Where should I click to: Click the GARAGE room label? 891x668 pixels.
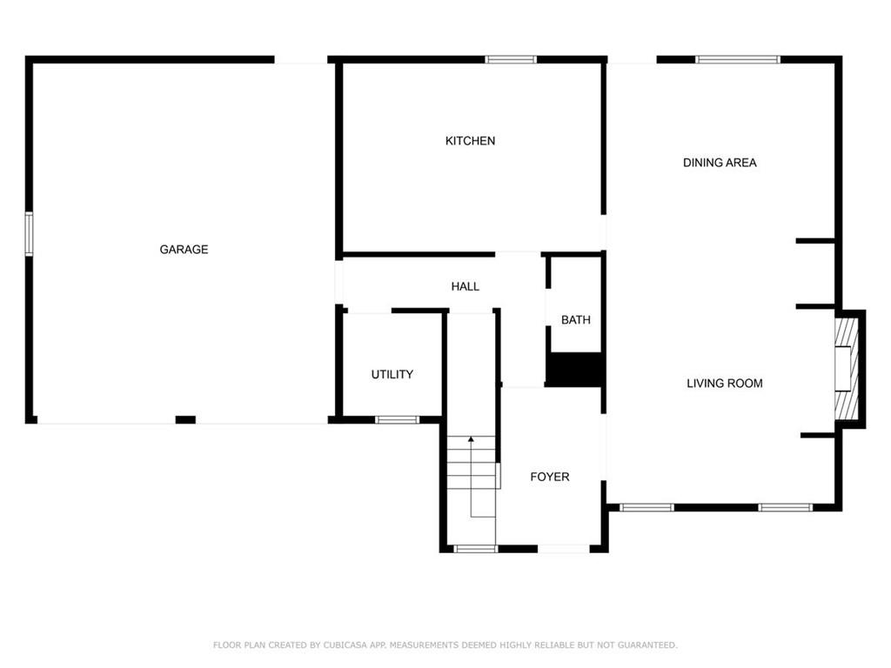pos(184,250)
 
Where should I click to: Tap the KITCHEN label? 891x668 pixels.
pos(470,141)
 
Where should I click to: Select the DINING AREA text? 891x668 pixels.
pos(720,163)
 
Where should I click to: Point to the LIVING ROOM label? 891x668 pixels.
pos(725,384)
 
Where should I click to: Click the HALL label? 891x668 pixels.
pos(465,287)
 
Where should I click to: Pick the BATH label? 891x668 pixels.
pos(576,320)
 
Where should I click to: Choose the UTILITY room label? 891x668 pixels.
pos(392,374)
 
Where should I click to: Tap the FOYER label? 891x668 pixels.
pos(550,477)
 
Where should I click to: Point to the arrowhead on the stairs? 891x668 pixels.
pos(471,439)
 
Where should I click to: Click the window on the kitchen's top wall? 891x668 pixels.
pos(511,59)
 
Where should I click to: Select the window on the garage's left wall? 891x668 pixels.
pos(29,233)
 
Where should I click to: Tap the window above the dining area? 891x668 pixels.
pos(738,59)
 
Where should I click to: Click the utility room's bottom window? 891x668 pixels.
pos(397,420)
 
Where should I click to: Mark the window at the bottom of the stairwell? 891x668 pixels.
pos(476,549)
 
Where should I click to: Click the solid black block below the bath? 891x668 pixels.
pos(573,370)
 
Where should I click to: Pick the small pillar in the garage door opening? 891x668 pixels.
pos(185,420)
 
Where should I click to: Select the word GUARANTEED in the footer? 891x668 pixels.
pos(647,645)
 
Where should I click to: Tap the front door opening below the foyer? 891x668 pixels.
pos(564,549)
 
